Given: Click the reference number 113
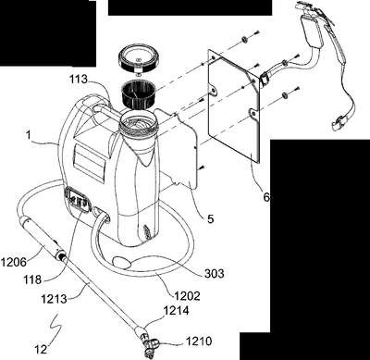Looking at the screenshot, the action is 79,80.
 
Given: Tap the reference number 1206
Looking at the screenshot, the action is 13,263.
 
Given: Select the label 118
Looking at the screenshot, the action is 32,279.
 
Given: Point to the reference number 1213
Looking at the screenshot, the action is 55,299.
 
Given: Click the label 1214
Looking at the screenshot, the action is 176,311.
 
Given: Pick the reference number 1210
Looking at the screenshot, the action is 199,341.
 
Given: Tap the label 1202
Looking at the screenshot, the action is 187,296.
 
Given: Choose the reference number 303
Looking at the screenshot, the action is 215,273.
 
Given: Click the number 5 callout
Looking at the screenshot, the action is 210,219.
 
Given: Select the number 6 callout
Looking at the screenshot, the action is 266,197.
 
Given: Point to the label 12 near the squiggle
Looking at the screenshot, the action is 41,350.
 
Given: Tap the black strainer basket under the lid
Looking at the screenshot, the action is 139,93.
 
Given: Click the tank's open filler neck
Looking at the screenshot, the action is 139,124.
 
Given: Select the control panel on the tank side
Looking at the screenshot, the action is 78,201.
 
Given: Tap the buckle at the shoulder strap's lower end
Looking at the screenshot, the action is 338,123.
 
